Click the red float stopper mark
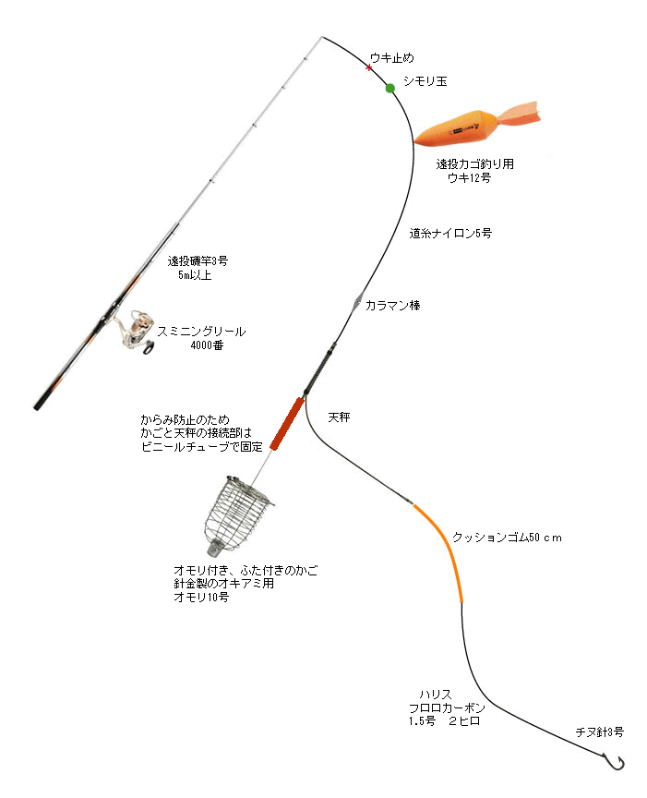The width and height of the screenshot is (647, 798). pos(369,67)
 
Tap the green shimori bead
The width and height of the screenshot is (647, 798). pos(390,88)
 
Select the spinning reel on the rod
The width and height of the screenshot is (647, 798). pos(136,331)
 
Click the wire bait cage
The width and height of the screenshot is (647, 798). pos(236,515)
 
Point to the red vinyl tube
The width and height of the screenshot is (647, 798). pos(287,423)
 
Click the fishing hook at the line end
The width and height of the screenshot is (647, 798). pos(614,762)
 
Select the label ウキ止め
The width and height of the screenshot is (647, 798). pos(391,58)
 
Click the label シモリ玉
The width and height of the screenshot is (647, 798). pos(425,81)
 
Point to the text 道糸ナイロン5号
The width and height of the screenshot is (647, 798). pos(450,233)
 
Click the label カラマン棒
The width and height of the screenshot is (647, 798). pos(392,306)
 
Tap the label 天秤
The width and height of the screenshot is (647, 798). pos(340,417)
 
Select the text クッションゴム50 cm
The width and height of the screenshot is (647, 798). pos(507,538)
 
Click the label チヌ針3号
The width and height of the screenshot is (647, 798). pos(600,731)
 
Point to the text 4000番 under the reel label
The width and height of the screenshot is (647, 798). pos(207,345)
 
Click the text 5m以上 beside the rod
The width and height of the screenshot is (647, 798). pos(195,275)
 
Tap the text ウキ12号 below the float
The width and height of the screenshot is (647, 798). pos(469,177)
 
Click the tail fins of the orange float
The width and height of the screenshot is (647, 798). pos(519,115)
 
